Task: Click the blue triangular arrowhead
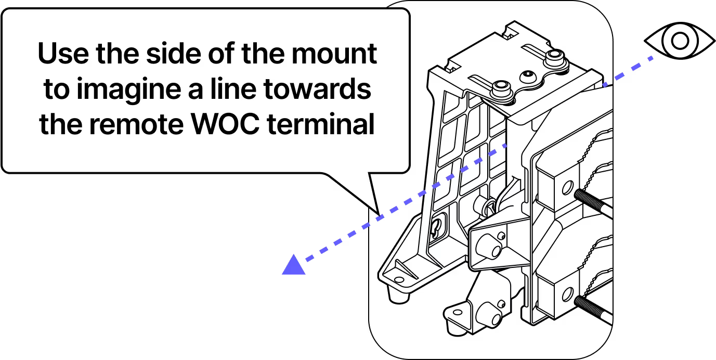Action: coord(293,265)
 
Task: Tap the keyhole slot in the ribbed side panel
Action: coord(437,225)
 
